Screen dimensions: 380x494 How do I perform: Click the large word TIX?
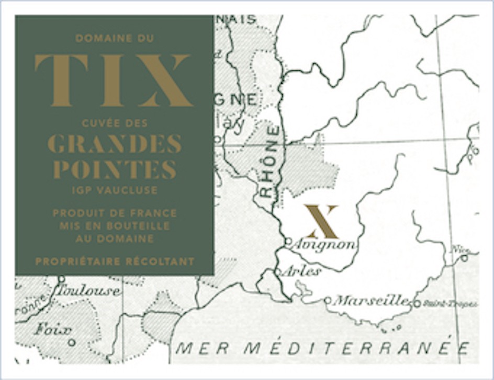tap(114, 80)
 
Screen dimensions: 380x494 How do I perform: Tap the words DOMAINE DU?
tap(114, 38)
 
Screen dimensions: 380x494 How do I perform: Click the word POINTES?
tap(115, 169)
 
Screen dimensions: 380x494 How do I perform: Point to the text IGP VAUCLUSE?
tap(115, 190)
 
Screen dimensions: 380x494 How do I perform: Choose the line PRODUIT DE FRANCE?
tap(115, 214)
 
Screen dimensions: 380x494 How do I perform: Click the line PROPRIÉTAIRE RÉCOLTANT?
tap(115, 261)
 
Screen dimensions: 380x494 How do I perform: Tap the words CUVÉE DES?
tap(115, 124)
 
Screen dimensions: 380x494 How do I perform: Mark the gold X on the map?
tap(321, 222)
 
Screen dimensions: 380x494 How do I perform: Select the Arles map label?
tap(301, 272)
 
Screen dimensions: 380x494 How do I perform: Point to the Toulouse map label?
tap(89, 290)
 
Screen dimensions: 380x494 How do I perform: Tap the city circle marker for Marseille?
tap(328, 300)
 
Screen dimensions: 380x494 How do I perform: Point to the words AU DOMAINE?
tap(115, 238)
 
